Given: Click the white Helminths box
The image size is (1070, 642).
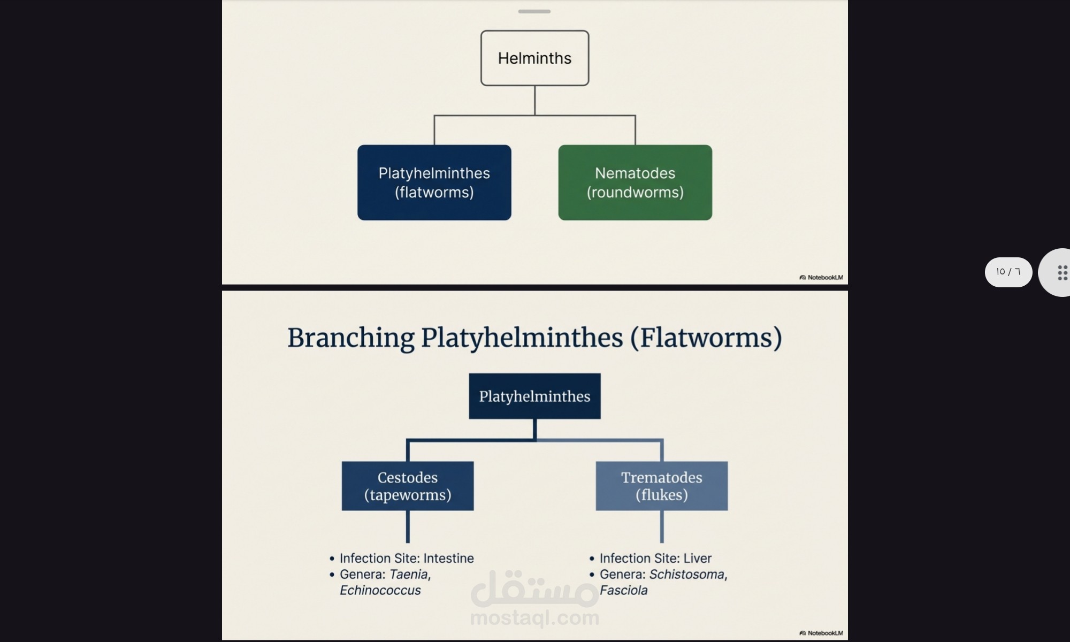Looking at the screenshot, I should pos(534,58).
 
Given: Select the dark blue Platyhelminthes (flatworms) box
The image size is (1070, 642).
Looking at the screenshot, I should pos(434,182).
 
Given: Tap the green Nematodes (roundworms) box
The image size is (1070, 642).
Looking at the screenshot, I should pos(635,182).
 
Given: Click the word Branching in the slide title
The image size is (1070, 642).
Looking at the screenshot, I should pos(350,338).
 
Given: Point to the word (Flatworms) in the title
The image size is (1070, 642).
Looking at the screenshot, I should pos(706,338).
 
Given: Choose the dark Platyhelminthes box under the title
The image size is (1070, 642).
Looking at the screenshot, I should pos(534,396).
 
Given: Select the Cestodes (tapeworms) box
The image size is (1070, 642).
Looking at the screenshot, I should pos(408,486).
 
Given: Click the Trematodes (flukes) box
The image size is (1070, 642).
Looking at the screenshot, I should pos(661,486).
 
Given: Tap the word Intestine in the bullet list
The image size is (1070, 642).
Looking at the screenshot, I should pos(448,559).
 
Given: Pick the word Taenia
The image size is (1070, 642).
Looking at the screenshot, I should pos(409,575).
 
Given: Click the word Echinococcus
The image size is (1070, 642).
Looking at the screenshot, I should pos(380,591).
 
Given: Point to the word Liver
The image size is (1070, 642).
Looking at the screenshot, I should pos(697,559).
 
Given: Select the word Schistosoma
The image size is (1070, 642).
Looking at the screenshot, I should pos(687,575).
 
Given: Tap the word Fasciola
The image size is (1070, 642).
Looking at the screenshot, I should pos(623,591).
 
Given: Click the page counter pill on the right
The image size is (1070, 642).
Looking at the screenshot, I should pos(1008,272).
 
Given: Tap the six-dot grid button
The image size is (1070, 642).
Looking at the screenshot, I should pos(1062,272).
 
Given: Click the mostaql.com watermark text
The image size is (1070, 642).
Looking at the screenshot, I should pos(534,618).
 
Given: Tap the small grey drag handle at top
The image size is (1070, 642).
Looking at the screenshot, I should pos(534,11).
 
